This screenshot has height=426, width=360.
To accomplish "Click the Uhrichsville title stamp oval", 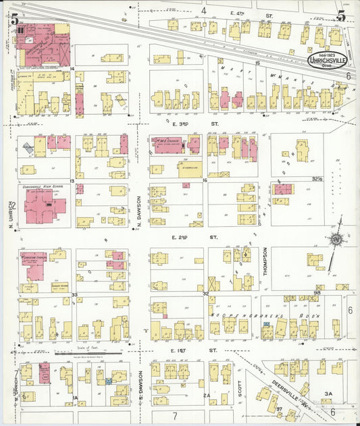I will coord(329,59).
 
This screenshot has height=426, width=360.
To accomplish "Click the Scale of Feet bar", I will coord(88,352).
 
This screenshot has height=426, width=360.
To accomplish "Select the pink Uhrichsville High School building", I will coord(43,207).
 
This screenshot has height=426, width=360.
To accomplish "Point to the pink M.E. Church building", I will coord(168,145).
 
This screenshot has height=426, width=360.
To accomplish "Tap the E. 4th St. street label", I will coord(251,13).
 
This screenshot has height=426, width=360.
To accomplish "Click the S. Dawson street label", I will coord(140,385).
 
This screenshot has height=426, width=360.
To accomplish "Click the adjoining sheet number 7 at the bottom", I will coord(174,417).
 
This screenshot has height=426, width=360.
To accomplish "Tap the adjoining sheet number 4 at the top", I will coord(203,10).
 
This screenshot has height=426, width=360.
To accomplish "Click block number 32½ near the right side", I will coord(318,179).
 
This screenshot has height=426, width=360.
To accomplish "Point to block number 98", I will coord(317,292).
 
